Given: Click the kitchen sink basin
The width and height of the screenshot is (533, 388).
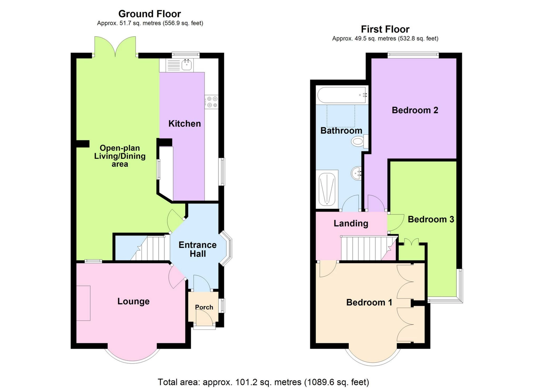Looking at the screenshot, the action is [x=187, y=65].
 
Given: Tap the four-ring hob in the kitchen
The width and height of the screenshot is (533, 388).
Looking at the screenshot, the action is [x=212, y=102].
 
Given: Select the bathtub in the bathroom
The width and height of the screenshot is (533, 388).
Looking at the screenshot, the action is [x=342, y=95].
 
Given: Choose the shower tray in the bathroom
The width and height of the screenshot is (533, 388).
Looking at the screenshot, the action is [x=327, y=189].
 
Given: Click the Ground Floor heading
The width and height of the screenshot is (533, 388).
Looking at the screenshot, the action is [x=150, y=14].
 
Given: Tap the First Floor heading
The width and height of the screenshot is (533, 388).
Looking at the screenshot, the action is [x=385, y=29].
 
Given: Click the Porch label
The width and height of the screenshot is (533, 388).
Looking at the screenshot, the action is [x=204, y=307].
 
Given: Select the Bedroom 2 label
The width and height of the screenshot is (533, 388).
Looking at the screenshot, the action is [x=415, y=110].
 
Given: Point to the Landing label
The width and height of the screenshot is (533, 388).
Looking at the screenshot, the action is [x=351, y=224].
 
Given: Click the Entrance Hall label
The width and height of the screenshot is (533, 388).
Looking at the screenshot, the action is [x=198, y=249].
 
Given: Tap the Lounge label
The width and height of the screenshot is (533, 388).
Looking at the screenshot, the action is [x=133, y=301].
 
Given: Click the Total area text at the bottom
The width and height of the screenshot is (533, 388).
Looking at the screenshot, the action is [x=263, y=382].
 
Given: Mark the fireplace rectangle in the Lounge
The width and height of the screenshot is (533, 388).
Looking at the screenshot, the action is [x=83, y=303].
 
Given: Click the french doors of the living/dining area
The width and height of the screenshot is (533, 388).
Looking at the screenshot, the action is [x=115, y=47].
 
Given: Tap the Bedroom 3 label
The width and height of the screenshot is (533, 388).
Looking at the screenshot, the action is [x=431, y=219].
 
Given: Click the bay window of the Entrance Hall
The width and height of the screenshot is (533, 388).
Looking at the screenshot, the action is [x=226, y=249].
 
